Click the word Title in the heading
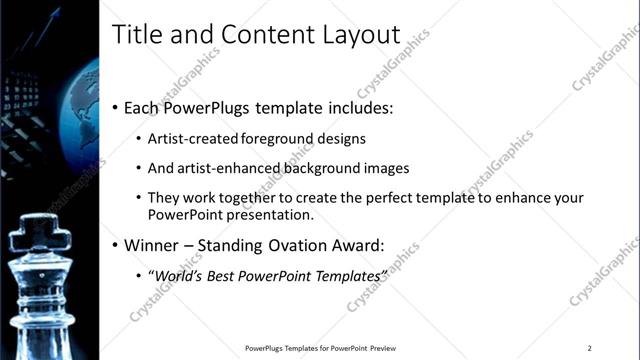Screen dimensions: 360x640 tap(135, 35)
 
